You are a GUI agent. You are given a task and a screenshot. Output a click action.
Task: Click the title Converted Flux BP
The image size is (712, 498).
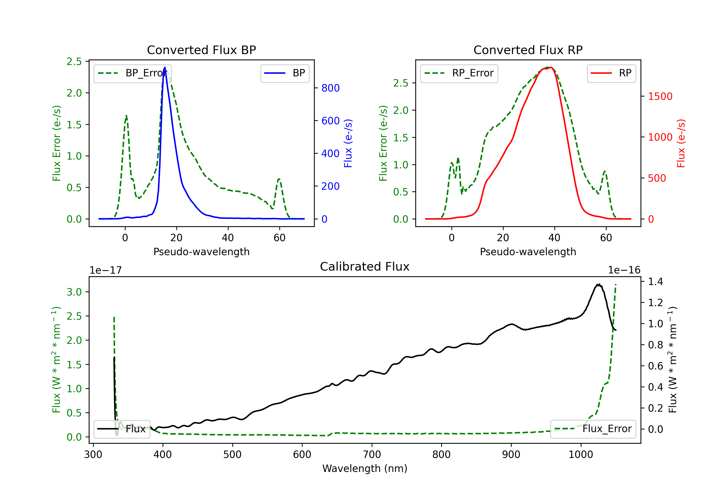(201, 50)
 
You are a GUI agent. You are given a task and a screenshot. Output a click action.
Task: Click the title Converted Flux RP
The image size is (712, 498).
(528, 50)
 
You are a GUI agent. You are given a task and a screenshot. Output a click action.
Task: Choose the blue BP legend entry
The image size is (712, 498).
(285, 74)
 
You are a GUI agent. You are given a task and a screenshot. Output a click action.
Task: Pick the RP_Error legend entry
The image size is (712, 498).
(459, 74)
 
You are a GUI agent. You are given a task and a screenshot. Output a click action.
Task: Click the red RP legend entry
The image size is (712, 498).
(611, 74)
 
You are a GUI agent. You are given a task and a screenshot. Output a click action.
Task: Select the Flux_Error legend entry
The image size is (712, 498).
(593, 429)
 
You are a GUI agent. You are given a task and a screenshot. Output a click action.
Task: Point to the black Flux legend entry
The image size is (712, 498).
(122, 429)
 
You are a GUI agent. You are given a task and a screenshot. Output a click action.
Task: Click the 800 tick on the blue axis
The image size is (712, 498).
(330, 88)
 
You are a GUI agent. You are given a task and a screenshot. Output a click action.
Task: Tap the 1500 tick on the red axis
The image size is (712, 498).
(660, 96)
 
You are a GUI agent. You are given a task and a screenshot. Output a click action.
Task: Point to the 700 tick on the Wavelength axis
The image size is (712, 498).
(372, 454)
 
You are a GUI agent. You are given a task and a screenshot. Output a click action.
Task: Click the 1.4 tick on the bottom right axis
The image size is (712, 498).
(655, 281)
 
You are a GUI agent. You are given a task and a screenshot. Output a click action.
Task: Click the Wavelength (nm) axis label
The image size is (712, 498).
(365, 468)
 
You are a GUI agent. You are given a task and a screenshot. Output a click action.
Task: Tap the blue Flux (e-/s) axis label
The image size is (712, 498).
(348, 143)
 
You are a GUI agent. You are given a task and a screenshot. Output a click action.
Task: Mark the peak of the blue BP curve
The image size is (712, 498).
(165, 67)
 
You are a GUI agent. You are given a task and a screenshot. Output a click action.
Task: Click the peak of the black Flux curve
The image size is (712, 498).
(599, 284)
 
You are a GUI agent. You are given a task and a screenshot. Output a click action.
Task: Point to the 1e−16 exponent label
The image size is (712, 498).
(624, 270)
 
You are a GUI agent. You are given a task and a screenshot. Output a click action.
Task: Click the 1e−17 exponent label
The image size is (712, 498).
(105, 270)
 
